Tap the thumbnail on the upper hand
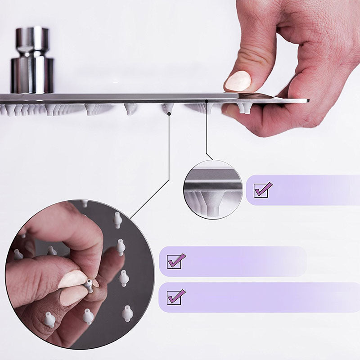(238, 81)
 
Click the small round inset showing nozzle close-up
(213, 189)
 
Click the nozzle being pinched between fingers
(89, 285)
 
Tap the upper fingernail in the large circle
(73, 279)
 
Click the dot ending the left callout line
(169, 114)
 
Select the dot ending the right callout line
(206, 101)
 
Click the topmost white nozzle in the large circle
(117, 220)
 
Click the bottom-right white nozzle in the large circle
(127, 313)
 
